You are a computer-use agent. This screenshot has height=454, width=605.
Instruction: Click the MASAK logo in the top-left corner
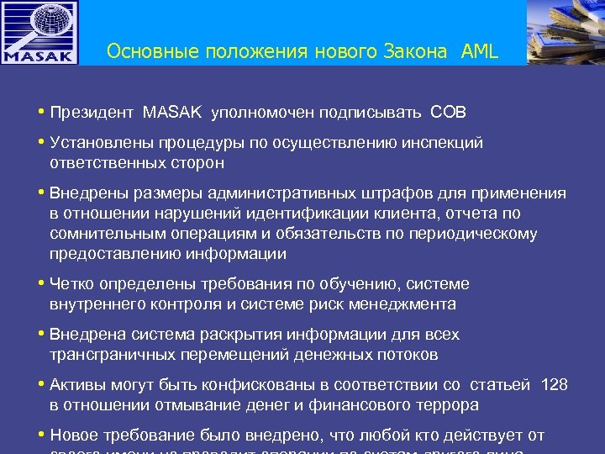[39, 33]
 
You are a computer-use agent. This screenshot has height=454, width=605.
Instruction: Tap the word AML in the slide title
[479, 52]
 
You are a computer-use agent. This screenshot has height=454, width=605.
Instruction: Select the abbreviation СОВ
[448, 112]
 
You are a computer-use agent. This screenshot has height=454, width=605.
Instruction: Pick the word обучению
[322, 284]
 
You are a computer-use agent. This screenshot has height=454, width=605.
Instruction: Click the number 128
[555, 385]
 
